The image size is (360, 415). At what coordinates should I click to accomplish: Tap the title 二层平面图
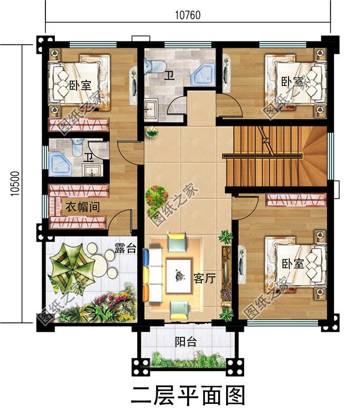click(x=188, y=396)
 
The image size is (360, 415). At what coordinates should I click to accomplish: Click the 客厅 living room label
click(x=204, y=279)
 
